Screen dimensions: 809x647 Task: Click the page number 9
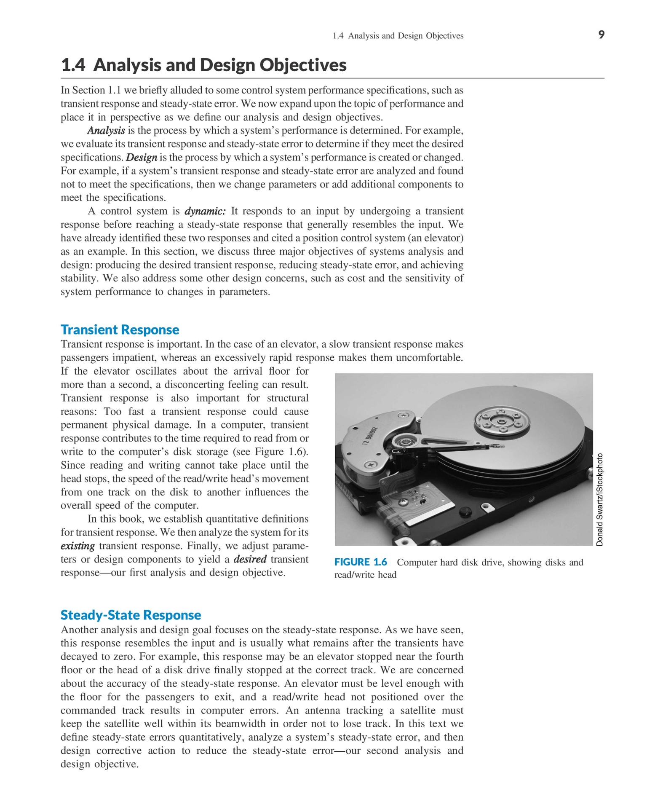point(601,35)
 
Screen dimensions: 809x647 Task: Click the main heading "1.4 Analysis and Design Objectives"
point(204,65)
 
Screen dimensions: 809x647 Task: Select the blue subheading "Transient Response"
point(120,329)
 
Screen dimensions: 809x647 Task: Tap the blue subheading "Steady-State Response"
point(131,615)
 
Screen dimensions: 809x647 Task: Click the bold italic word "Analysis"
point(106,131)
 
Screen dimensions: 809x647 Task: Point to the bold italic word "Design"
point(142,158)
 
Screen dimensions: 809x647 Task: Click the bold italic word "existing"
point(78,546)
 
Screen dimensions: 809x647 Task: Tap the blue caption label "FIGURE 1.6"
point(361,562)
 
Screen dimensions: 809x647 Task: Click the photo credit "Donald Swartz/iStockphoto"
point(600,500)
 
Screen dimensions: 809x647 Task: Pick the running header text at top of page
point(398,36)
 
